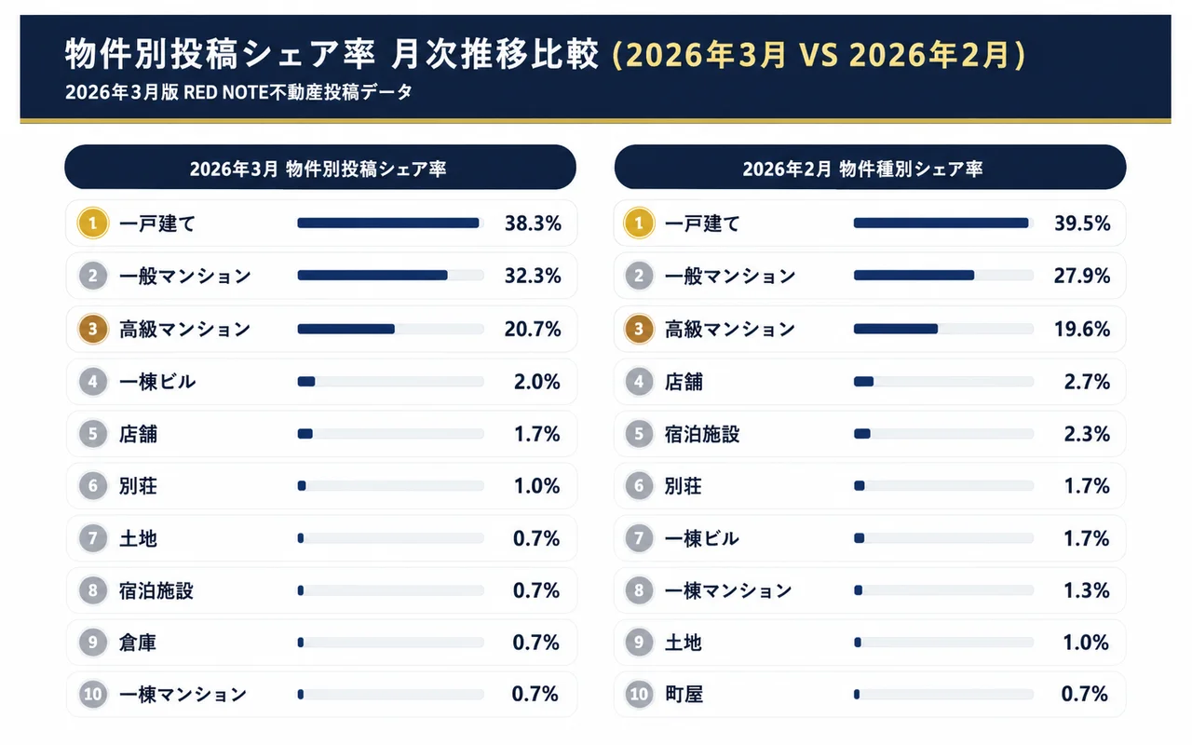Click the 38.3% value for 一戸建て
[533, 223]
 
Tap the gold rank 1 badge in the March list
[92, 223]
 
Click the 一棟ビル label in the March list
[157, 381]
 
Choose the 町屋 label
[684, 694]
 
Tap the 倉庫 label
[138, 643]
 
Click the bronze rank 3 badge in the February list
[639, 329]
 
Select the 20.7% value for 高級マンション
[533, 329]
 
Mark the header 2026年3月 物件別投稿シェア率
[319, 169]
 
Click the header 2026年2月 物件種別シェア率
[869, 169]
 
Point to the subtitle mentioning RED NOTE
[238, 93]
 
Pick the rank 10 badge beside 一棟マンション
[92, 695]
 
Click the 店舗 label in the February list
[684, 381]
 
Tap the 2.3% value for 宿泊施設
[1087, 434]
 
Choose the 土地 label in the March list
[138, 538]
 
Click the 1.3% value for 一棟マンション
[1087, 590]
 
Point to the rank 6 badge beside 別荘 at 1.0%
[92, 486]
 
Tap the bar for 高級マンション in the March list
[346, 329]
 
